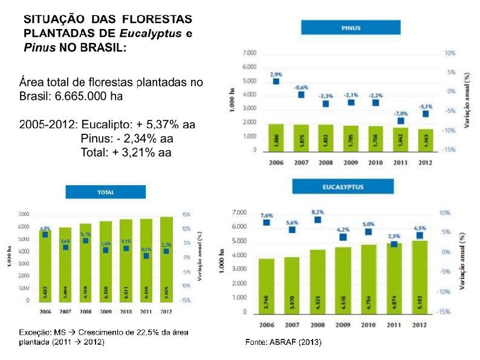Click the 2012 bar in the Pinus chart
[426, 139]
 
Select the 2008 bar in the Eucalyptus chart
[318, 281]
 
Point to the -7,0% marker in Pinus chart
[401, 121]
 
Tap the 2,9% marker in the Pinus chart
[276, 82]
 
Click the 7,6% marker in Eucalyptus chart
[267, 223]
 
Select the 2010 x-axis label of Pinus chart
[375, 163]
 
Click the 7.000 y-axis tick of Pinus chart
[248, 53]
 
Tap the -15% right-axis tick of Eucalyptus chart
[444, 312]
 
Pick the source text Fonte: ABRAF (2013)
[283, 342]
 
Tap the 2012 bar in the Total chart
[166, 258]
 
